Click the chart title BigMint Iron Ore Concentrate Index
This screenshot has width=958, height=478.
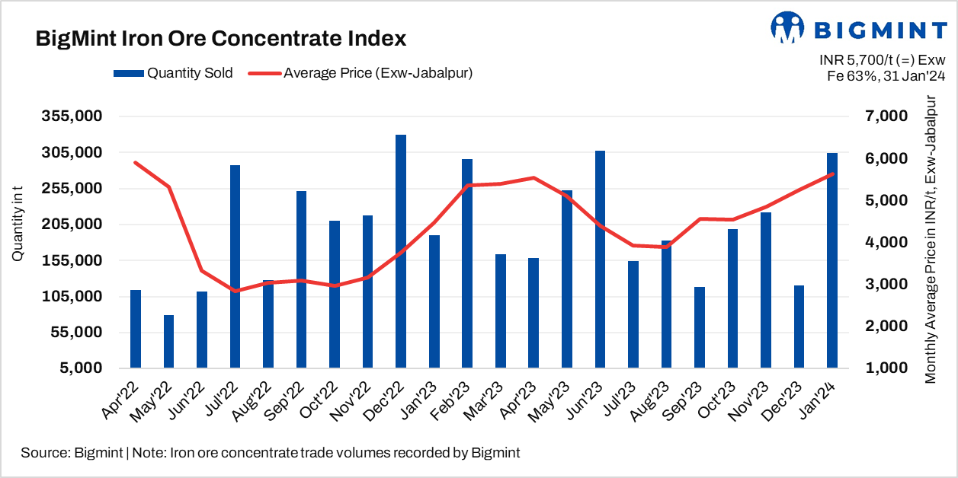[x=221, y=39]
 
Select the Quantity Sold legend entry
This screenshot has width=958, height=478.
[x=173, y=73]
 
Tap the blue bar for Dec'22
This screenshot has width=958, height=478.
[x=401, y=251]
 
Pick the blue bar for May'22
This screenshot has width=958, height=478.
[x=168, y=341]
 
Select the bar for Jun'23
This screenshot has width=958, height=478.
[x=601, y=259]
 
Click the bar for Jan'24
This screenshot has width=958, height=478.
[x=832, y=260]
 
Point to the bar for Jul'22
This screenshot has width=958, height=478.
[x=235, y=266]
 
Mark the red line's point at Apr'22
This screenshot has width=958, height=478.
[x=135, y=162]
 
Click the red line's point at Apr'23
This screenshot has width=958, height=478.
[x=534, y=178]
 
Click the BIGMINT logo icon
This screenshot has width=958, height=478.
[x=788, y=28]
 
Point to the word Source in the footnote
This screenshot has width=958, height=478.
[x=43, y=453]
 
